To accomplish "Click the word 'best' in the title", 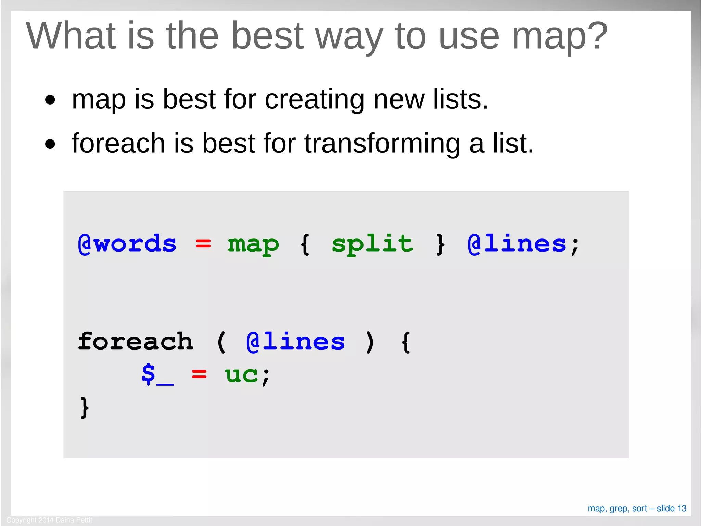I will pos(267,36).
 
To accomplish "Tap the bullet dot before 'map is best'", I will pos(50,100).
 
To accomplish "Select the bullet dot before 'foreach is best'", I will pos(50,144).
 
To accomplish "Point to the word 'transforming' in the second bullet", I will pos(382,144).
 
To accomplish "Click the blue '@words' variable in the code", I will pos(127,244).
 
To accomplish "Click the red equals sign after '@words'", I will pos(203,244).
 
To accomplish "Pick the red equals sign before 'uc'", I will pos(199,374).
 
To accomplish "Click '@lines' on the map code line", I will pos(517,244).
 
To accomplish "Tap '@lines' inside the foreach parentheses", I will pos(295,342).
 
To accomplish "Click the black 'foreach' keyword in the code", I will pos(136,342).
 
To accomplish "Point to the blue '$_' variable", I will pos(157,375).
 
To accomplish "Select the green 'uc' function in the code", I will pos(241,375).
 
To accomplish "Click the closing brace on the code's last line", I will pos(84,407).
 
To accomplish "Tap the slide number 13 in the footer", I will pos(682,509).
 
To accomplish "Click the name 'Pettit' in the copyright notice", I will pos(84,520).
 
